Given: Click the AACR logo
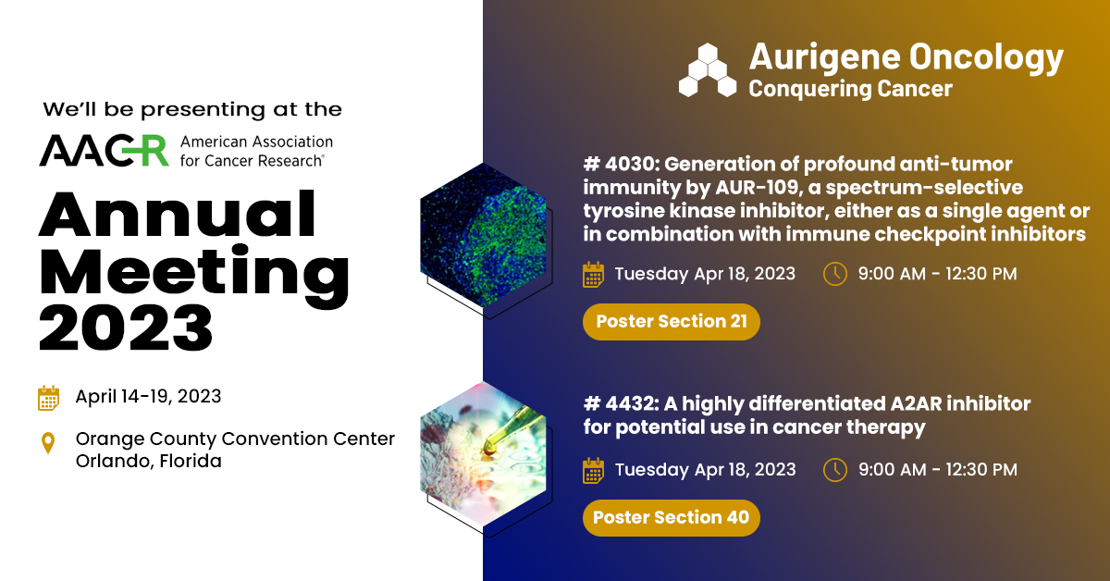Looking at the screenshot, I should [x=104, y=150].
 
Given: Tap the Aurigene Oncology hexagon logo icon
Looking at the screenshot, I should [x=708, y=70].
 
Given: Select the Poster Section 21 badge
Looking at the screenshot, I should [x=671, y=322].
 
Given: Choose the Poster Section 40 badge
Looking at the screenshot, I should [x=671, y=517].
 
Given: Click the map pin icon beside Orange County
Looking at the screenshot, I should [x=48, y=444].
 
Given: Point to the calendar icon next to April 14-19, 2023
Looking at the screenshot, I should [x=48, y=398].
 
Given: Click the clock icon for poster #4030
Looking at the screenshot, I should [x=834, y=274].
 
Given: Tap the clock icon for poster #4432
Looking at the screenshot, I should [x=834, y=469].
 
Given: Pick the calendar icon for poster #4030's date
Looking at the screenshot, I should [x=593, y=275].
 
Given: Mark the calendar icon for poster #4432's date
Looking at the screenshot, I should [x=593, y=470].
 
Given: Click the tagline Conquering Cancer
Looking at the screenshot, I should [x=850, y=89].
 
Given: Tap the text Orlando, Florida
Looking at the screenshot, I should [x=148, y=460].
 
